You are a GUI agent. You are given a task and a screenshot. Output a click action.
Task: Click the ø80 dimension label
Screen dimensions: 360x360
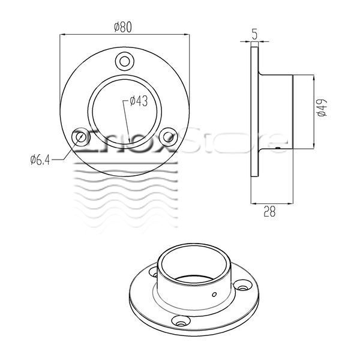tap(123, 27)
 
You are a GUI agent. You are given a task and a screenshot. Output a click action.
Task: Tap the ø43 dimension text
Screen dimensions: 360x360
tap(139, 101)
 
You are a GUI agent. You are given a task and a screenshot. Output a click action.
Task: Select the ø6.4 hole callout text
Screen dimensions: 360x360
tap(40, 160)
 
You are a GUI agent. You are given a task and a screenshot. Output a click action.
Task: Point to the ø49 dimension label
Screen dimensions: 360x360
tap(322, 107)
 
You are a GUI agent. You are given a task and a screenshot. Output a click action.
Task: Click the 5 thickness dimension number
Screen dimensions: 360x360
tap(254, 34)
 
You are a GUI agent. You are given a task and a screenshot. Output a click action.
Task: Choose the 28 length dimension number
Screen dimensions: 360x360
tap(269, 211)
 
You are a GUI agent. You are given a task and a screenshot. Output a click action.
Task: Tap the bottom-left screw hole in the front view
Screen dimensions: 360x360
tap(81, 137)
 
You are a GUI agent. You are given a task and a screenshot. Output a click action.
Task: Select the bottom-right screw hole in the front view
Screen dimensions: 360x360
tap(168, 137)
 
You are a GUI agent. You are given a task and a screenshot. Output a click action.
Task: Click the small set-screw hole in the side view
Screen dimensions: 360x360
tap(278, 149)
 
